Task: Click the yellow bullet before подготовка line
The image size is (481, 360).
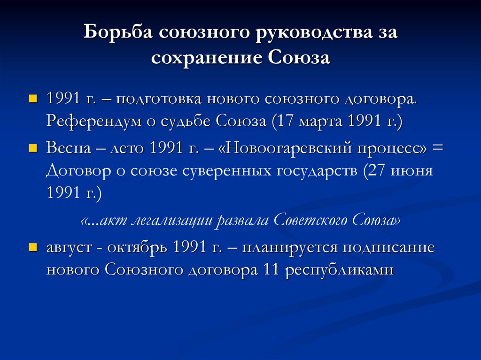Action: (32, 100)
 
